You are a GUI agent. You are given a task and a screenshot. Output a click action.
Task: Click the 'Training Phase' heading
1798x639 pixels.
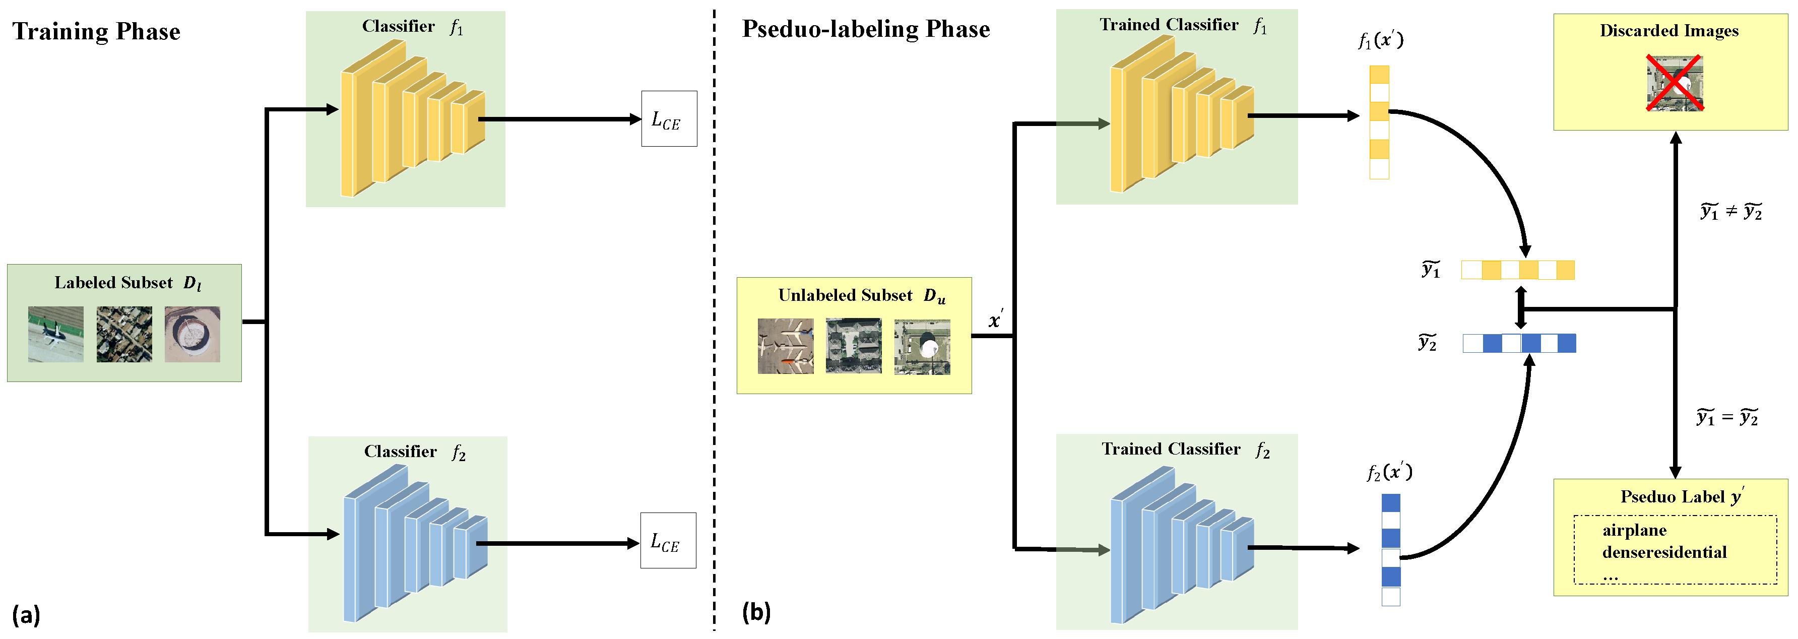pos(96,31)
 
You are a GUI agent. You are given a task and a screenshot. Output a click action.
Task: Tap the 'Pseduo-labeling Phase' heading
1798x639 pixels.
pos(866,29)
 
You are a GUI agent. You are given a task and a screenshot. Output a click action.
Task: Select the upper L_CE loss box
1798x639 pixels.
pos(669,119)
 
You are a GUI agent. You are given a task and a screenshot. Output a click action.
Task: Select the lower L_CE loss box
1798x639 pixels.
pos(668,541)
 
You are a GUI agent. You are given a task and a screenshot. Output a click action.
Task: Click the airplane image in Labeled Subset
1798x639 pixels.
pos(56,334)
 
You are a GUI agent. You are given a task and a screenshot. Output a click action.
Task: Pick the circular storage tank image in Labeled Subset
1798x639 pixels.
pos(192,334)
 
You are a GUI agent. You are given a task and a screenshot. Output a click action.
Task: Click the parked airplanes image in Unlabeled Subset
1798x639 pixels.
pos(785,346)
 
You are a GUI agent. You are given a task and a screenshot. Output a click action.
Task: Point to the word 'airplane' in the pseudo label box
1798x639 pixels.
pos(1634,530)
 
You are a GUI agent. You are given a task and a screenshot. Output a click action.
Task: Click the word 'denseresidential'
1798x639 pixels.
pos(1664,552)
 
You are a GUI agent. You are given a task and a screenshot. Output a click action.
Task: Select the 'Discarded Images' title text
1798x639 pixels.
pos(1669,31)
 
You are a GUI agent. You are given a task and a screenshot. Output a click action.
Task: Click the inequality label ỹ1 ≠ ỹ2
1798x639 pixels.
pos(1731,212)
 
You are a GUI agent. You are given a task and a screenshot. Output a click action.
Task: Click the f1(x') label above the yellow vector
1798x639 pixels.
pos(1380,40)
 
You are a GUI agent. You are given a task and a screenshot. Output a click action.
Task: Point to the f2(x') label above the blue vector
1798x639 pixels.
pos(1389,473)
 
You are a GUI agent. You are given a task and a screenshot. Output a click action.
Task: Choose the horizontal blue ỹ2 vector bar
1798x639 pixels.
pos(1519,343)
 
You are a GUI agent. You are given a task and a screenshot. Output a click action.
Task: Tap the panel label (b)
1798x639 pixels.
pos(756,612)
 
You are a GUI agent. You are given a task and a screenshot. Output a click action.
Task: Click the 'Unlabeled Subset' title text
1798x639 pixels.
pos(845,295)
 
